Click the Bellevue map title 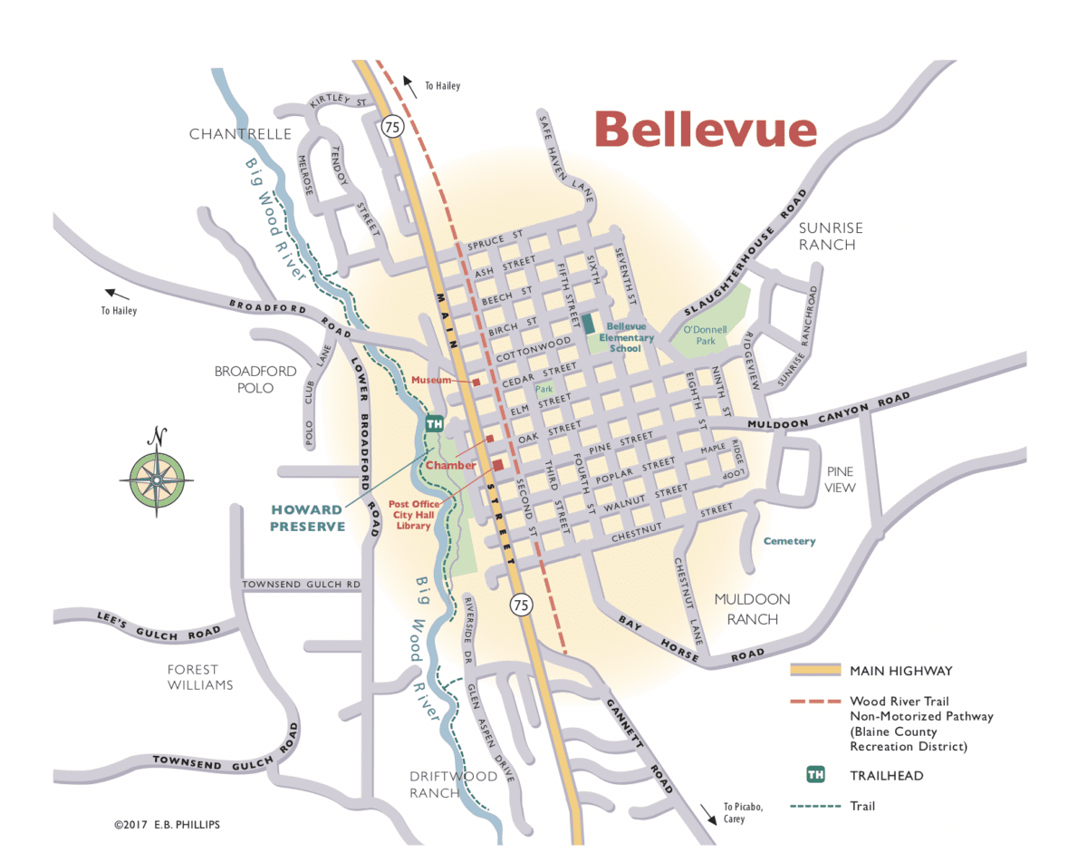706,129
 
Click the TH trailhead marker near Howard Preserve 434,423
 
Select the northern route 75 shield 392,126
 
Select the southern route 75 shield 521,605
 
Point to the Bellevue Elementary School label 626,337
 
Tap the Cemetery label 789,541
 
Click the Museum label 431,381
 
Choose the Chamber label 450,465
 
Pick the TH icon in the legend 815,775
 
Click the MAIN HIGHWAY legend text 900,671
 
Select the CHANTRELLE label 240,134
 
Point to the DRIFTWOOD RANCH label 453,784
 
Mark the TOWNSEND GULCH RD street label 302,586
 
